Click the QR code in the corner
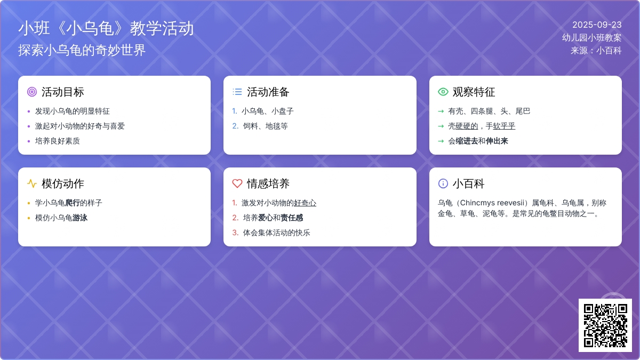click(605, 325)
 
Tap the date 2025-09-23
click(597, 25)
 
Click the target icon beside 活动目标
click(32, 92)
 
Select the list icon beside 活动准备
click(237, 92)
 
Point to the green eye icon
click(443, 92)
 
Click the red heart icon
click(237, 183)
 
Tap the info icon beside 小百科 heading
click(443, 183)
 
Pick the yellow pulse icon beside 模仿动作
click(32, 183)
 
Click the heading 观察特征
click(474, 92)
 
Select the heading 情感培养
click(268, 183)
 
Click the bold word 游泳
click(80, 218)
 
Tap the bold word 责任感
click(292, 218)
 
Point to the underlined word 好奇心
click(305, 203)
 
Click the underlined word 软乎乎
click(504, 126)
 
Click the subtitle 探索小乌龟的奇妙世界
click(82, 50)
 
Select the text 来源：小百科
click(596, 51)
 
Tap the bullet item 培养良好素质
click(58, 141)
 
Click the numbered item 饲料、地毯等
click(266, 126)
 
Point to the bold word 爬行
click(73, 203)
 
